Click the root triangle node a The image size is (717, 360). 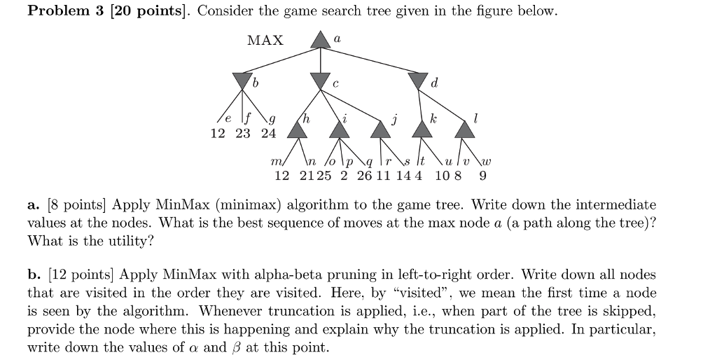(320, 40)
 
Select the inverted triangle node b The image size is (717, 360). (242, 81)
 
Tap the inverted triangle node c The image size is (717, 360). (320, 81)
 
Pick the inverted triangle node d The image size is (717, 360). (419, 81)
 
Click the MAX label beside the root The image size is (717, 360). (265, 41)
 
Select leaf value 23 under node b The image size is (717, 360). (242, 134)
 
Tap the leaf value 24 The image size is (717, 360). (269, 134)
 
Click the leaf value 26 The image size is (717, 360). (365, 176)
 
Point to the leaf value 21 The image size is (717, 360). (307, 176)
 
